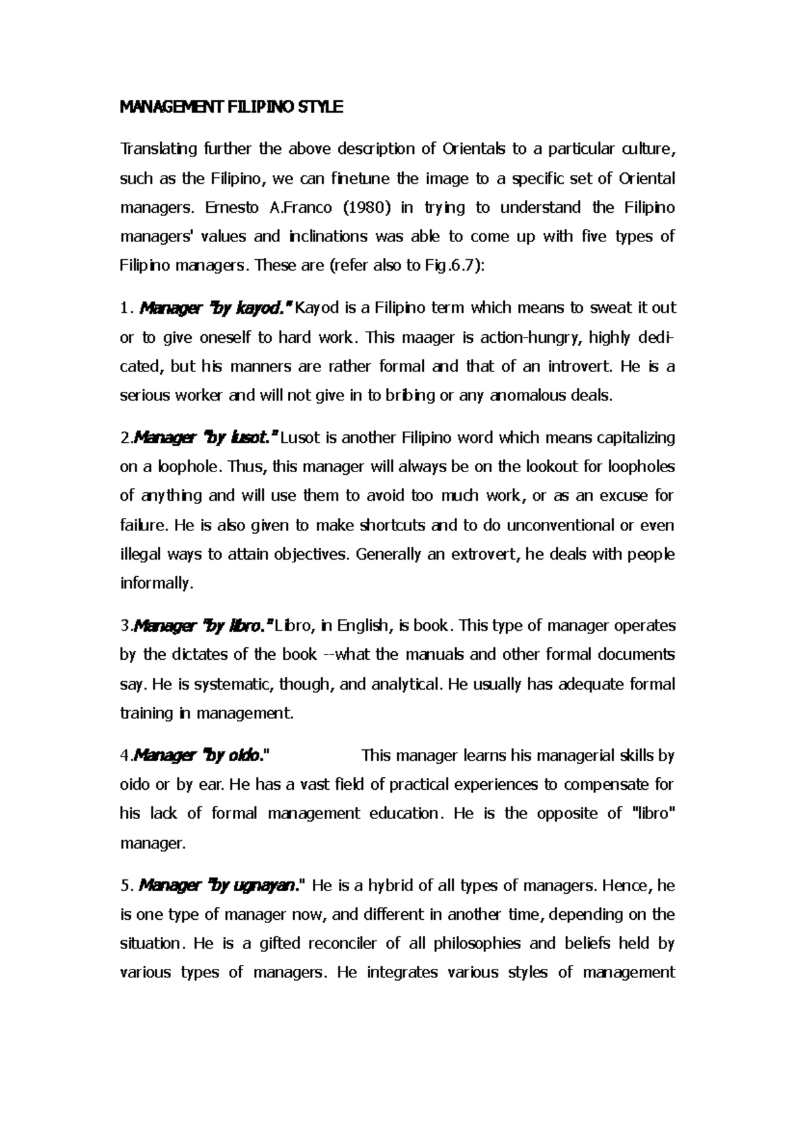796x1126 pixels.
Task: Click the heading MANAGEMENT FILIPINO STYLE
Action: tap(231, 107)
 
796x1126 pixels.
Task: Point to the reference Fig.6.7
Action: tap(430, 266)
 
